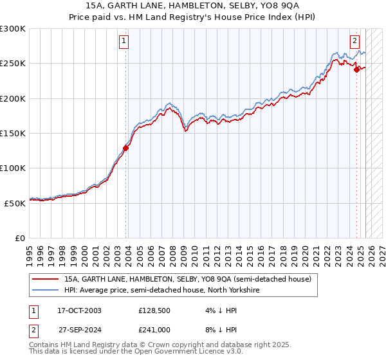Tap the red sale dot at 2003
tap(126, 148)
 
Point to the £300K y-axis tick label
tap(13, 29)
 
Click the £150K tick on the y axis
tap(13, 133)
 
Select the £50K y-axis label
tap(15, 203)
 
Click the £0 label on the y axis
tap(21, 237)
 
